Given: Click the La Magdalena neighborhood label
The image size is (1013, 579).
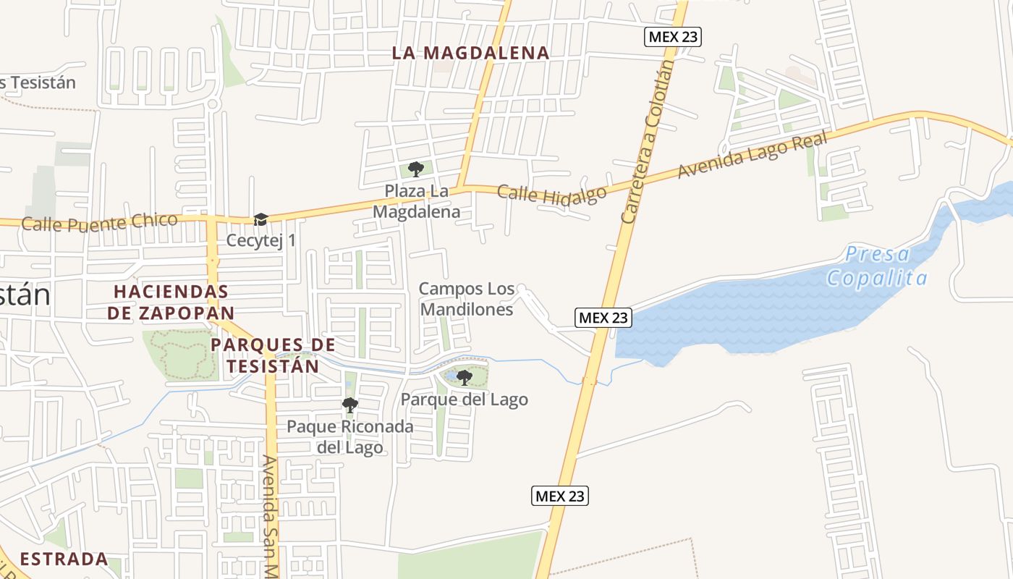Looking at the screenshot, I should tap(470, 53).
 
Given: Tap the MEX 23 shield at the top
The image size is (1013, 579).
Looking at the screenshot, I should tap(673, 37).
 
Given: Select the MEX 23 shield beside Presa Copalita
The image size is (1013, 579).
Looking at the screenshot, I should tap(603, 317).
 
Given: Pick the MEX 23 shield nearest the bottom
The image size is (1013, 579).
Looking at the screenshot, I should tap(560, 496).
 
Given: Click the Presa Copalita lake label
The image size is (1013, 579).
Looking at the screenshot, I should tap(878, 266).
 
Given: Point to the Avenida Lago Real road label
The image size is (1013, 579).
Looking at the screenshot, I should tap(753, 155).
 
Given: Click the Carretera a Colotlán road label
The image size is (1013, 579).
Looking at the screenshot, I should tap(648, 141).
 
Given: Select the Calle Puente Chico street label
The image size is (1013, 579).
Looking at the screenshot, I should tap(99, 221).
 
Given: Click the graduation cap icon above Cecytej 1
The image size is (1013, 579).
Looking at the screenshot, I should tap(260, 219).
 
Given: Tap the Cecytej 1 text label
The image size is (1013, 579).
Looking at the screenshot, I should tap(261, 240).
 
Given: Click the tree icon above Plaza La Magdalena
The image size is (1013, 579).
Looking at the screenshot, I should tap(415, 169).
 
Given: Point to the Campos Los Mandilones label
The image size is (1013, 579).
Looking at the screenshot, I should tap(467, 299).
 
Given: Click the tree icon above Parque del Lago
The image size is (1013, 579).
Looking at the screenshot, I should tap(464, 377).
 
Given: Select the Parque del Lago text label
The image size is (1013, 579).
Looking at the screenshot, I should tap(464, 400).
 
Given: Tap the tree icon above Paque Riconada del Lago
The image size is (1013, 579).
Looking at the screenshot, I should tap(349, 405).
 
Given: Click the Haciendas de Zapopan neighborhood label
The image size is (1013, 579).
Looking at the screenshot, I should tap(171, 302).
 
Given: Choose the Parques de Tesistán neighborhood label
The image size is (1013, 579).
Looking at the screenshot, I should tap(273, 355).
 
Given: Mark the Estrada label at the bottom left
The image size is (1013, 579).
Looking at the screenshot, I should tap(64, 559).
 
